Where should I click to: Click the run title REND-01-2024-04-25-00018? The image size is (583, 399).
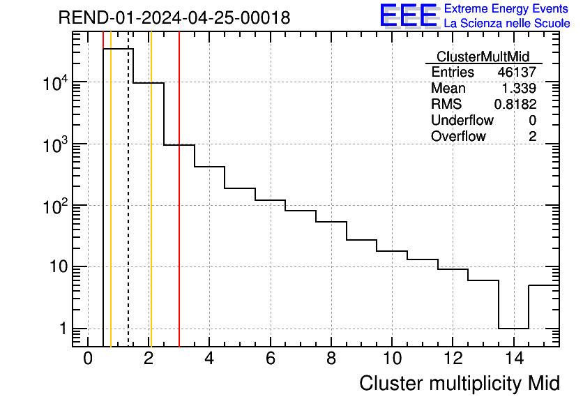point(174,18)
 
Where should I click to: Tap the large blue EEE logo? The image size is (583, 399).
point(408,15)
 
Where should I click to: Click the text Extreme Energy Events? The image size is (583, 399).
point(507,9)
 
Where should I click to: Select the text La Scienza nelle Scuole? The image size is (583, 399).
point(507,24)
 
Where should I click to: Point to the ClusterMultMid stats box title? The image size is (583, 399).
point(482,57)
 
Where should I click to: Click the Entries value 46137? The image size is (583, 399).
point(517,73)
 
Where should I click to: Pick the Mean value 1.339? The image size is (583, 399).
point(519,89)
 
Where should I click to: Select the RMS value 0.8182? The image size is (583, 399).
point(515,105)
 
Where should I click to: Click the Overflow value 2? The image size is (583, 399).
point(532,136)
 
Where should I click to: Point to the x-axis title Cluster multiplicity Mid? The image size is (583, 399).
point(459,383)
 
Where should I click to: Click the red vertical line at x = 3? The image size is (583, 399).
point(179,209)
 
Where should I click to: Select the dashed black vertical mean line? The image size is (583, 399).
point(128,209)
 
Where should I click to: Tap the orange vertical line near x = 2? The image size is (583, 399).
point(151,209)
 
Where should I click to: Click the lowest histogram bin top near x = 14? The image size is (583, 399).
point(513,328)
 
